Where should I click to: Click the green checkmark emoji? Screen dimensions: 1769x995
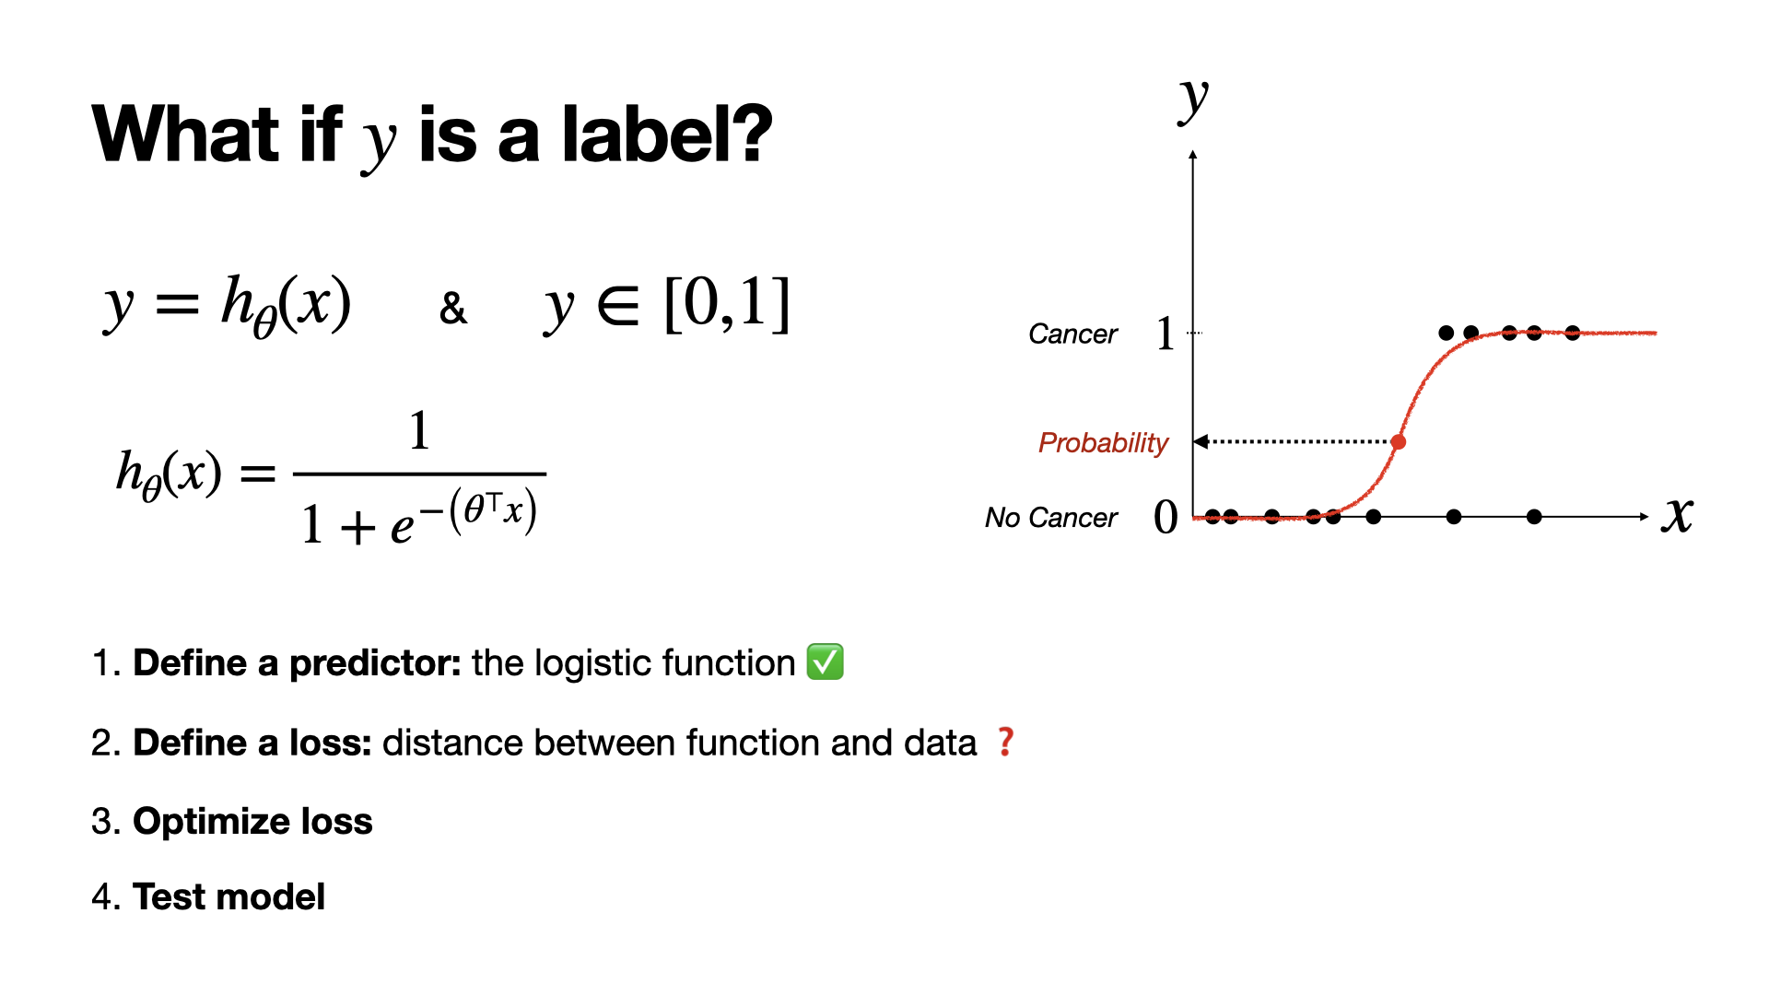(825, 662)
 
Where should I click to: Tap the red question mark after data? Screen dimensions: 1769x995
(1006, 742)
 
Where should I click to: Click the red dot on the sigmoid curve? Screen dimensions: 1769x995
(1399, 442)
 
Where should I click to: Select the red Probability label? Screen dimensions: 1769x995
(1103, 443)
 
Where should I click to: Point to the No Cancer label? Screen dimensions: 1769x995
(1051, 518)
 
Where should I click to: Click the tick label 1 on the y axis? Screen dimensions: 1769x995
(1166, 334)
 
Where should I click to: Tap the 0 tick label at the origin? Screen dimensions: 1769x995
(1166, 518)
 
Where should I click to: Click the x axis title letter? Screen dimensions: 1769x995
(1678, 515)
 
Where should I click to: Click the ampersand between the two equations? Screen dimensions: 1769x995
(453, 309)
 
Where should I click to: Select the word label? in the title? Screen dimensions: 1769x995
(667, 135)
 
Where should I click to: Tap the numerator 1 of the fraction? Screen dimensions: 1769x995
(419, 430)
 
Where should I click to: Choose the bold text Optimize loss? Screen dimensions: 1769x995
(252, 821)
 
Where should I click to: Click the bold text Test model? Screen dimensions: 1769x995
(229, 896)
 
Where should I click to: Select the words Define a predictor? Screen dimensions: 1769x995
(298, 662)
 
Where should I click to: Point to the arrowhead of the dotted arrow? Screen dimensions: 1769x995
(1201, 442)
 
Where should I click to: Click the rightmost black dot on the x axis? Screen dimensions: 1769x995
(1534, 517)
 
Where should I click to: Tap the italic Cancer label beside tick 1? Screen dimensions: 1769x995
(1072, 334)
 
